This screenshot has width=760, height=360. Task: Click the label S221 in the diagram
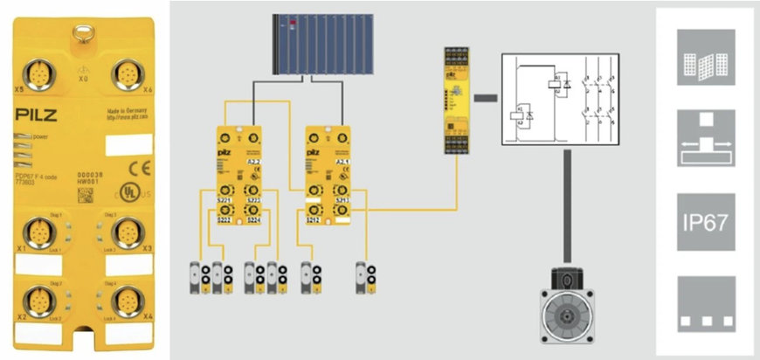tap(226, 201)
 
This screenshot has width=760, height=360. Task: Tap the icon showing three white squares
tap(707, 306)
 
